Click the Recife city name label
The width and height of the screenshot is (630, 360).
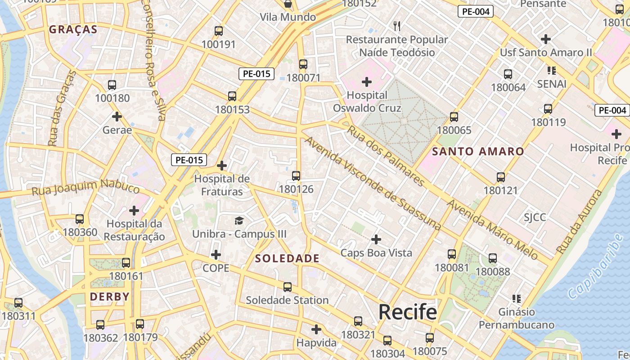tap(407, 312)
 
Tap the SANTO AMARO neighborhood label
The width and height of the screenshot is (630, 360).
tap(478, 152)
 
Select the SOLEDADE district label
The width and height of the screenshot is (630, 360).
tap(287, 259)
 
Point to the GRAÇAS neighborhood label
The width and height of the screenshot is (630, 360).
tap(73, 30)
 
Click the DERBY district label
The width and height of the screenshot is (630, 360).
tap(110, 297)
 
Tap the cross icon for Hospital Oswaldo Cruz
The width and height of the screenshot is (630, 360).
tap(367, 82)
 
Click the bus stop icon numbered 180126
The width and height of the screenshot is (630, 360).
tap(296, 176)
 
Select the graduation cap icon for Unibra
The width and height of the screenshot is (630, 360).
tap(239, 220)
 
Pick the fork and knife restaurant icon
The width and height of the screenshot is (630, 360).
tap(396, 26)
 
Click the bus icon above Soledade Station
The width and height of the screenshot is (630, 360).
tap(287, 287)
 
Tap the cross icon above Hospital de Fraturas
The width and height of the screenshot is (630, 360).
tap(221, 166)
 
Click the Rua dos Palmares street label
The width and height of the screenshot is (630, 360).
tap(386, 155)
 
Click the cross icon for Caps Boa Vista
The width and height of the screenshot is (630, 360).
tap(376, 239)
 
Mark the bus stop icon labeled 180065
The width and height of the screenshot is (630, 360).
tap(454, 117)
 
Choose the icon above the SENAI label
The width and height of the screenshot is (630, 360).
tap(552, 70)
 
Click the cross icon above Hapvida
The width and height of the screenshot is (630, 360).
tap(316, 329)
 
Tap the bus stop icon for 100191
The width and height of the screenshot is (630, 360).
tap(218, 31)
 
